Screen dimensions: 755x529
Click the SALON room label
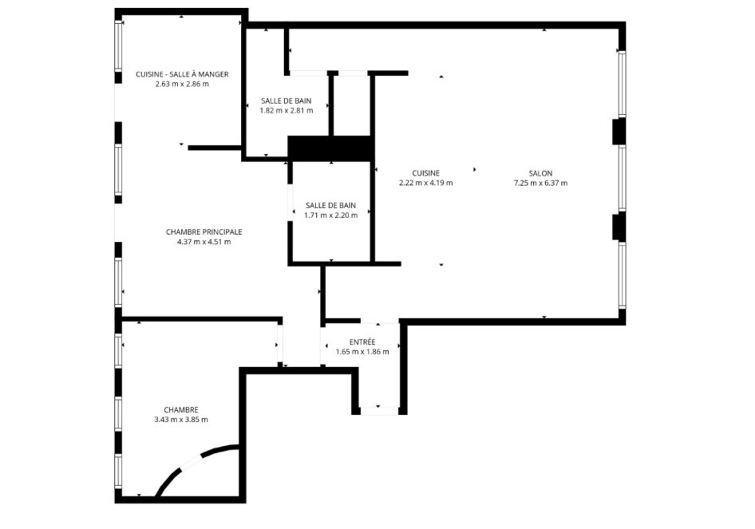click(x=541, y=174)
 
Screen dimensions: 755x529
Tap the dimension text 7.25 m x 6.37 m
click(x=541, y=183)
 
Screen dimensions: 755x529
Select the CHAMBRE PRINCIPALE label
click(x=204, y=232)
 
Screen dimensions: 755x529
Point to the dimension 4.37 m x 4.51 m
click(x=204, y=242)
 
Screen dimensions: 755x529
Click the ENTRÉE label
click(x=362, y=342)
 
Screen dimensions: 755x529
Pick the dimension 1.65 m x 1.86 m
click(x=362, y=352)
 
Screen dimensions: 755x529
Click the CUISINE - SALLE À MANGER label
click(x=182, y=74)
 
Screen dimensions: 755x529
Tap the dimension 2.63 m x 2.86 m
click(x=182, y=84)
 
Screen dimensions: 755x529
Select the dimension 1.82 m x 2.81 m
click(x=286, y=111)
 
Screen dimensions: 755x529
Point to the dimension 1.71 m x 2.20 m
click(x=331, y=215)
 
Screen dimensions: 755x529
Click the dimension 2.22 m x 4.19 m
click(x=426, y=183)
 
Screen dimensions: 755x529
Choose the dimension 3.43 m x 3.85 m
click(x=181, y=420)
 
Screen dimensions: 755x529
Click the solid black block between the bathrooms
click(x=331, y=149)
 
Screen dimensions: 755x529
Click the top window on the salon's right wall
click(x=622, y=84)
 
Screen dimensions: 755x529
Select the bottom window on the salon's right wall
click(x=622, y=275)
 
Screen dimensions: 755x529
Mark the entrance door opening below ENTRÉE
click(x=379, y=411)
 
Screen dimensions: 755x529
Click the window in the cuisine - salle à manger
click(x=118, y=46)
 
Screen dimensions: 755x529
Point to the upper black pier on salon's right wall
click(x=619, y=131)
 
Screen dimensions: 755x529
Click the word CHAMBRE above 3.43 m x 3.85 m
click(x=181, y=410)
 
